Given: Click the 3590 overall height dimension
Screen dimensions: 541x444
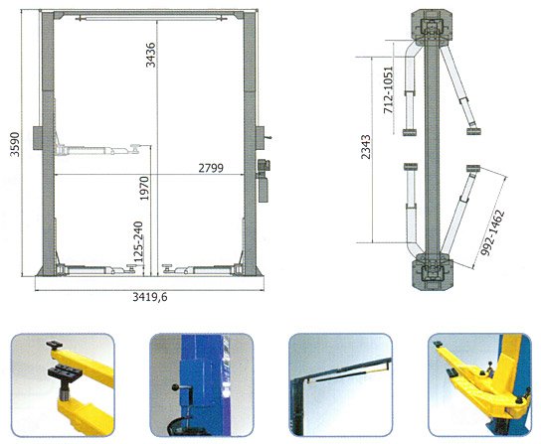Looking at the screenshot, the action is click(15, 144).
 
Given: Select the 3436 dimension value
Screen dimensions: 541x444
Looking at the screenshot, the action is click(150, 55).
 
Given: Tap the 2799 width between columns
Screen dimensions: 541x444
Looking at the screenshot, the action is click(211, 168).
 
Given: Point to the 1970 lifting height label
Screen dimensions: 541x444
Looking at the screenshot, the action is click(144, 188).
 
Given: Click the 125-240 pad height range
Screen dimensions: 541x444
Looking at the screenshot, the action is click(138, 241).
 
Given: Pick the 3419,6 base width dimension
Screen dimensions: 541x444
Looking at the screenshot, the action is click(150, 297).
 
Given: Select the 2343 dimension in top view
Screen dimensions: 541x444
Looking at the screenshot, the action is click(365, 147).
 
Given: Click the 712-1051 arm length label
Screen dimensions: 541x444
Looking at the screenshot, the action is click(388, 90).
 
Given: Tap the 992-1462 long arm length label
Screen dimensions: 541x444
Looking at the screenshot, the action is click(492, 232).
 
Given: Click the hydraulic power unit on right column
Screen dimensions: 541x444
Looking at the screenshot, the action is click(264, 181).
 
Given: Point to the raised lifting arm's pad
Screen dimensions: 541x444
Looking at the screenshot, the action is click(134, 149).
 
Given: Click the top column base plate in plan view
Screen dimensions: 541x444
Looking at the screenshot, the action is click(432, 28).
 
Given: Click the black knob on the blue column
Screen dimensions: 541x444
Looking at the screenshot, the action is click(176, 387).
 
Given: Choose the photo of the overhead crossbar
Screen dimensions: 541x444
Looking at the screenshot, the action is click(340, 385).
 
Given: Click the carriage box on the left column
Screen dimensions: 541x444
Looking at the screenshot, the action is click(38, 138).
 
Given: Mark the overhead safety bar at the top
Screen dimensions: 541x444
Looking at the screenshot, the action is click(151, 18).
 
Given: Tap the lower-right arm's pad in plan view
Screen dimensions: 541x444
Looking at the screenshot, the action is click(473, 168).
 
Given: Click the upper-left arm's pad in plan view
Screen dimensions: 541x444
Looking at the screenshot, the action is click(411, 132).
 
